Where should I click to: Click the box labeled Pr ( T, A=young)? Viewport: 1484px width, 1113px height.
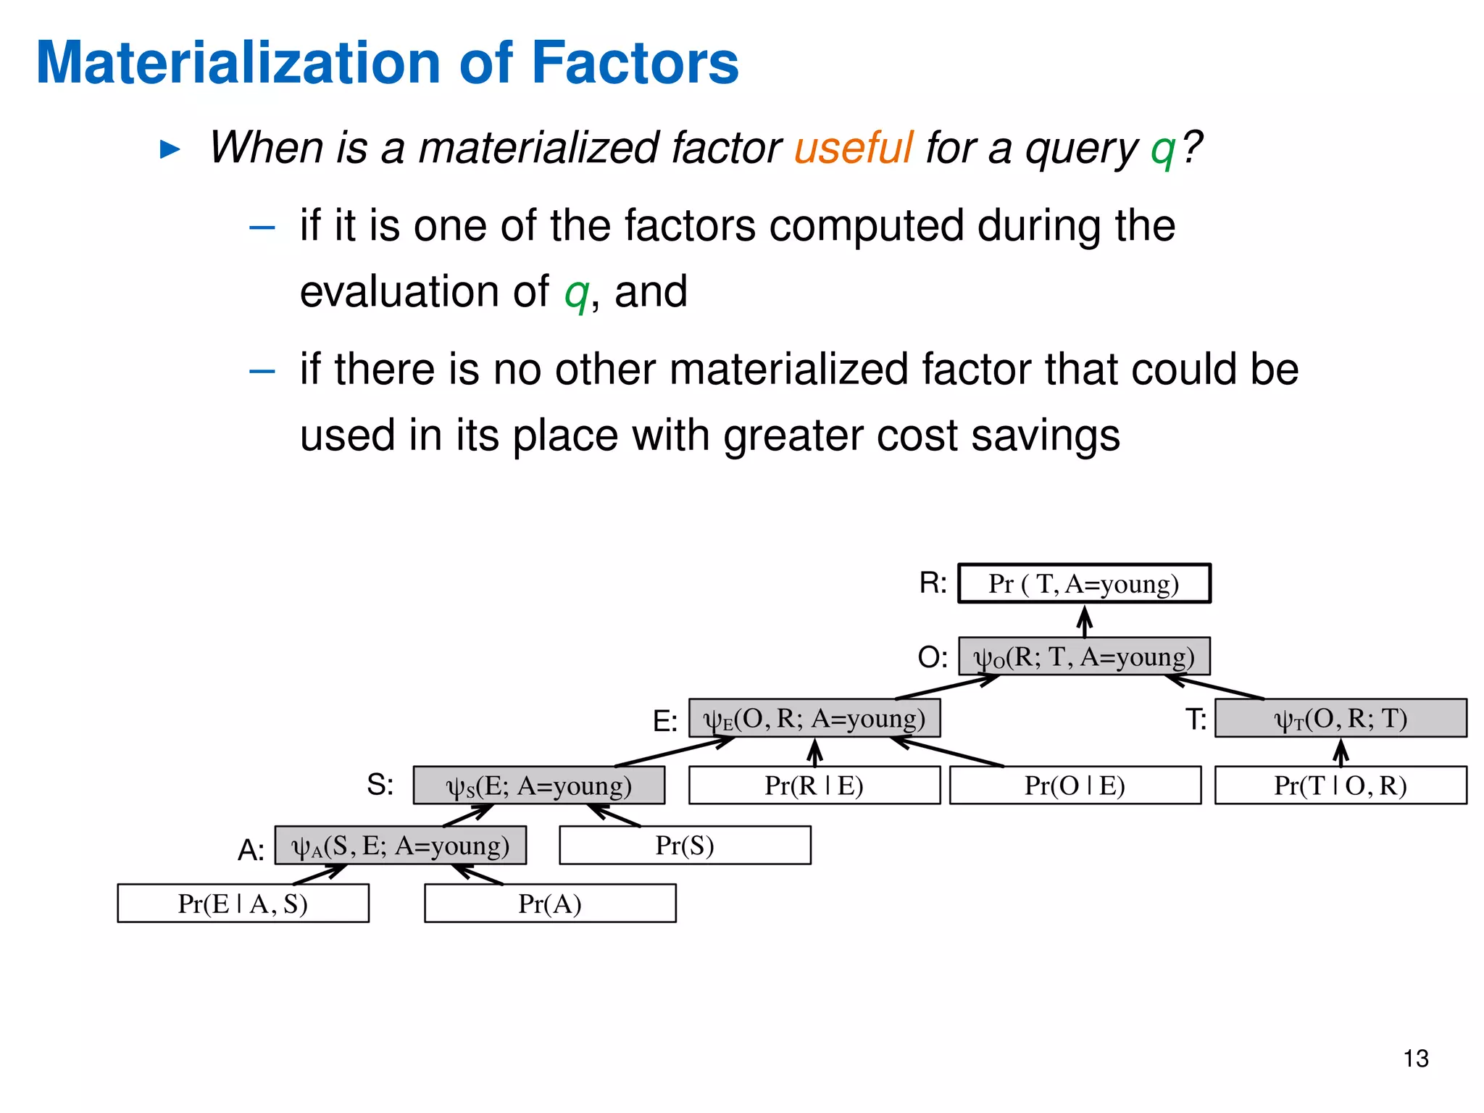point(1084,583)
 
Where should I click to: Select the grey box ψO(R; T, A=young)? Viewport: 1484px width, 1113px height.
point(1084,656)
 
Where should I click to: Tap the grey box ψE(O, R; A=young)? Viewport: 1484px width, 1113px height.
point(814,718)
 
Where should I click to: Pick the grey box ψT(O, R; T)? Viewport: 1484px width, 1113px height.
point(1341,718)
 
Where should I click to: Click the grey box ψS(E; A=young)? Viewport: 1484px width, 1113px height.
point(538,785)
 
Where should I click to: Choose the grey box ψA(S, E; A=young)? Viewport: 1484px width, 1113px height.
point(400,846)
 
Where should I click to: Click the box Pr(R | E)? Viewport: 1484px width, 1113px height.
point(814,785)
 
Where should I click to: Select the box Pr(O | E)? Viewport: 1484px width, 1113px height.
point(1075,785)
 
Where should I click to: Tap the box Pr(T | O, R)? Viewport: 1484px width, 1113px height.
point(1341,785)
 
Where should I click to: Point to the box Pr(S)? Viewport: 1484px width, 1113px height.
point(685,846)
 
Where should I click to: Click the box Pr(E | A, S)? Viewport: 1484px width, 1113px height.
point(243,904)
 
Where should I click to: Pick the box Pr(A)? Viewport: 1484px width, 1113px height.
point(550,904)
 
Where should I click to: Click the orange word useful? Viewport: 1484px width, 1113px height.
point(853,148)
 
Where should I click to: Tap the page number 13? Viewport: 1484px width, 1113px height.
point(1415,1059)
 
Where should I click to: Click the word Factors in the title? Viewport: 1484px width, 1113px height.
point(635,63)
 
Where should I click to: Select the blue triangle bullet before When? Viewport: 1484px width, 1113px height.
point(170,150)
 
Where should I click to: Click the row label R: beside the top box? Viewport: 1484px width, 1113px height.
point(933,583)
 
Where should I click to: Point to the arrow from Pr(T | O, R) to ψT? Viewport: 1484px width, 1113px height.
point(1341,752)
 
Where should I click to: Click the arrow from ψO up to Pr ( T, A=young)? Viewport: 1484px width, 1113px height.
point(1084,621)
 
